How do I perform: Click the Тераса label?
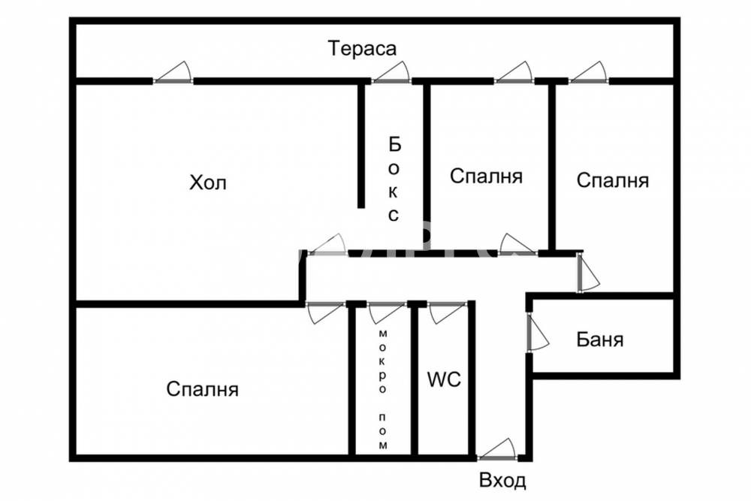[x=362, y=49]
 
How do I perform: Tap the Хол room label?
[x=207, y=183]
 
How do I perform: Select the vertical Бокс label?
[x=394, y=179]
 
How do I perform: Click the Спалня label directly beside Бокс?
[x=486, y=177]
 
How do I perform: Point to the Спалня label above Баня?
[x=612, y=180]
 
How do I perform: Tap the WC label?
[x=444, y=379]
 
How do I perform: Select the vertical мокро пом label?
[x=383, y=388]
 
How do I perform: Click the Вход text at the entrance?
[x=502, y=481]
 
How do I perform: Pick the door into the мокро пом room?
[x=387, y=312]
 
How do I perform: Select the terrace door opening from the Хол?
[x=173, y=74]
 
